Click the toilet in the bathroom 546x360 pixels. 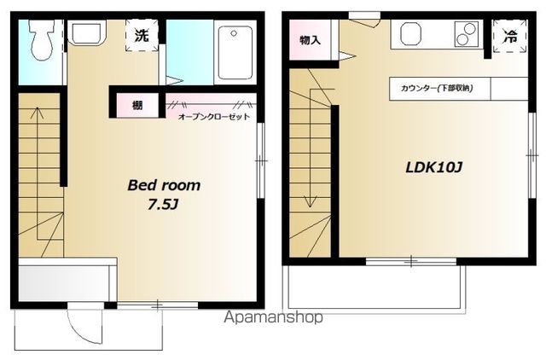(42, 39)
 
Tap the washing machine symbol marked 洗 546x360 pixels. (142, 35)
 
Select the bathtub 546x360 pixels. (235, 53)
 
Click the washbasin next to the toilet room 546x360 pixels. (87, 32)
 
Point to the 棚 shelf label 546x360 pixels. (137, 105)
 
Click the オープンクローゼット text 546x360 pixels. (214, 117)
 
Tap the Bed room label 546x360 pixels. (164, 185)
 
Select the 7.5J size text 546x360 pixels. (163, 205)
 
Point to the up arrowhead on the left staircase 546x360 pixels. (37, 113)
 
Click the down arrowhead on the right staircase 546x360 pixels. (311, 202)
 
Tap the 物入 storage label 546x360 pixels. (310, 40)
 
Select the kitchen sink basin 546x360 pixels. (411, 34)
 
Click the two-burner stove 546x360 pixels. (467, 34)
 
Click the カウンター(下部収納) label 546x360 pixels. (437, 88)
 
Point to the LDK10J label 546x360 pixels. (434, 168)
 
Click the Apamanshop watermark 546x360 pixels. (274, 317)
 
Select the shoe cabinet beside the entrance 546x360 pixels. (67, 280)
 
